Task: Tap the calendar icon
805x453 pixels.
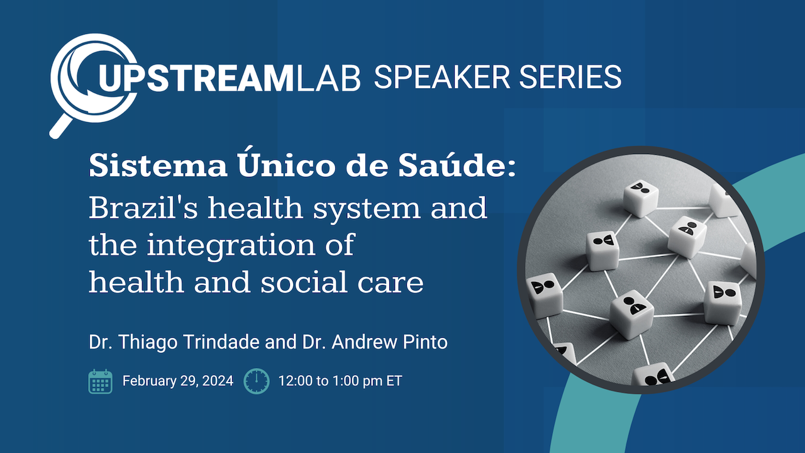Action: [x=101, y=381]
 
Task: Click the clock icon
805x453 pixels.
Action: [x=257, y=381]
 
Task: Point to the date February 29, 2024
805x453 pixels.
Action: [x=177, y=381]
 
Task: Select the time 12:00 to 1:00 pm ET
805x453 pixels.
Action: [x=340, y=381]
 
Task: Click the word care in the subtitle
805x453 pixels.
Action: [x=396, y=282]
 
